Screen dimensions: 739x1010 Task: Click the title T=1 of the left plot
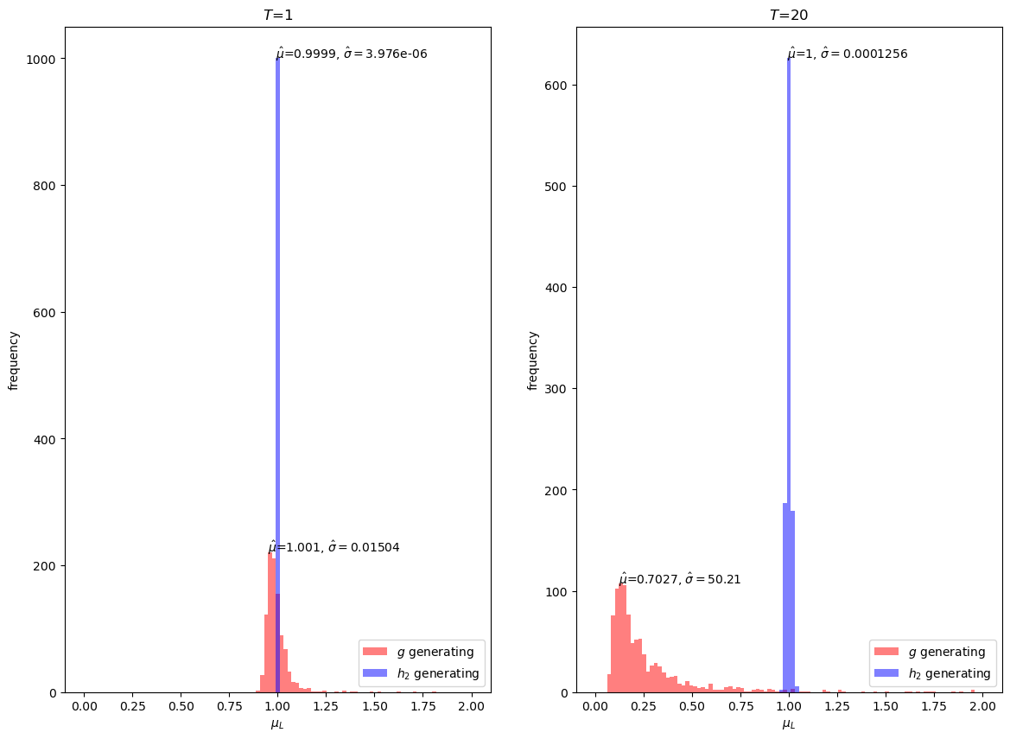point(277,15)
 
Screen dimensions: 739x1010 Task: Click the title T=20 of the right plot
point(789,15)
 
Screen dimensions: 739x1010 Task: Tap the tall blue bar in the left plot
point(277,346)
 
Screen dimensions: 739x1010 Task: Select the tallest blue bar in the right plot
point(789,346)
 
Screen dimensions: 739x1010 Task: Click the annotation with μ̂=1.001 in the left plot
point(333,547)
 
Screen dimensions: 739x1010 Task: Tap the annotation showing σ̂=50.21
point(680,579)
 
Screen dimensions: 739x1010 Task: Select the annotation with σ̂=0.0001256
point(848,54)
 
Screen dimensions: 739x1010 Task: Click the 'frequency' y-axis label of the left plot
point(14,360)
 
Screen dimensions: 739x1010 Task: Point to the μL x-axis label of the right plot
point(789,724)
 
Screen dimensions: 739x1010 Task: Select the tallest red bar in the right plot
point(623,640)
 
